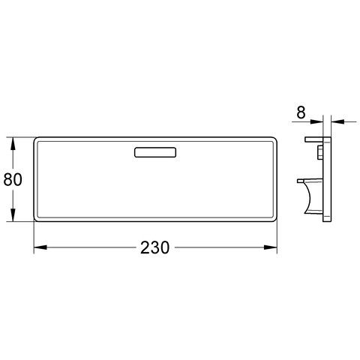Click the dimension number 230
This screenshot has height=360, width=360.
pyautogui.click(x=154, y=247)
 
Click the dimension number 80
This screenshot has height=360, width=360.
pyautogui.click(x=13, y=179)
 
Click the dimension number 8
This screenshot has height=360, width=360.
pyautogui.click(x=301, y=112)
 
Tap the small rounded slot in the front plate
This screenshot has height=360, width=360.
pyautogui.click(x=155, y=152)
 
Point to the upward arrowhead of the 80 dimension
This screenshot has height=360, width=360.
pyautogui.click(x=13, y=144)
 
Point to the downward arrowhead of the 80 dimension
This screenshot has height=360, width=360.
pyautogui.click(x=13, y=214)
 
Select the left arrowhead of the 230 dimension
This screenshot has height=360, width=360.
pyautogui.click(x=40, y=247)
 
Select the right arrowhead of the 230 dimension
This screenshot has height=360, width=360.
pyautogui.click(x=271, y=247)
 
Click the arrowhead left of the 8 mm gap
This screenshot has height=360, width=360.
pyautogui.click(x=316, y=121)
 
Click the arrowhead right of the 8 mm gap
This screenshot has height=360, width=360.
pyautogui.click(x=337, y=121)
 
